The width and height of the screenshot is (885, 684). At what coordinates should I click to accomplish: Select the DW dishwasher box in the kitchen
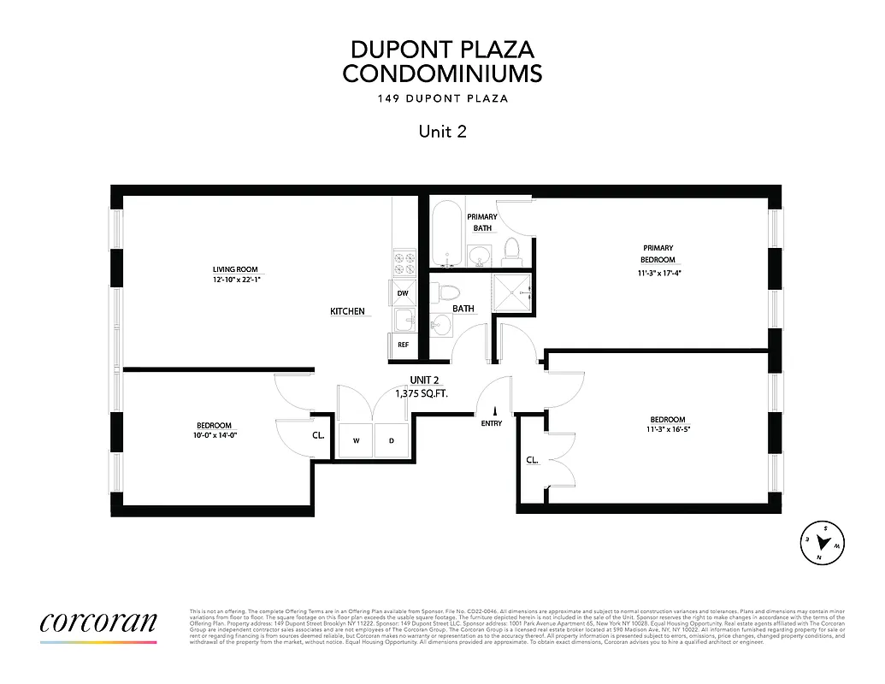click(402, 293)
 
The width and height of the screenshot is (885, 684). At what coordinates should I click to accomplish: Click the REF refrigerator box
click(402, 345)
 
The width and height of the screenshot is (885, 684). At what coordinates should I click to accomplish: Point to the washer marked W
click(356, 441)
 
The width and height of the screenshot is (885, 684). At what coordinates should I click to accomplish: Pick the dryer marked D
click(392, 441)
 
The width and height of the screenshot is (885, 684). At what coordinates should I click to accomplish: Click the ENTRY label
click(492, 423)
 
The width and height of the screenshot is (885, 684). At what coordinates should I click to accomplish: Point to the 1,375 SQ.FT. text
click(422, 393)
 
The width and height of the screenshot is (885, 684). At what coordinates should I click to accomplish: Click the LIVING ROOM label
click(235, 270)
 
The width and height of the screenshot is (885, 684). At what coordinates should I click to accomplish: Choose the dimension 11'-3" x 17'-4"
click(658, 274)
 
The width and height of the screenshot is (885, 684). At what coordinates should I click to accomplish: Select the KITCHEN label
click(348, 311)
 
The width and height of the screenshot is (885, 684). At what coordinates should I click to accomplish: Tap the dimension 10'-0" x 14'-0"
click(214, 435)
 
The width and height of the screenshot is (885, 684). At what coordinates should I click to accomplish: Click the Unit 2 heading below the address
click(442, 131)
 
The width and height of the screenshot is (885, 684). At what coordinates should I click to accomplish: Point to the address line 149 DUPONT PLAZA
click(442, 98)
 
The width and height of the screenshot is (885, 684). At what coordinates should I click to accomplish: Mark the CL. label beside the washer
click(318, 434)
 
